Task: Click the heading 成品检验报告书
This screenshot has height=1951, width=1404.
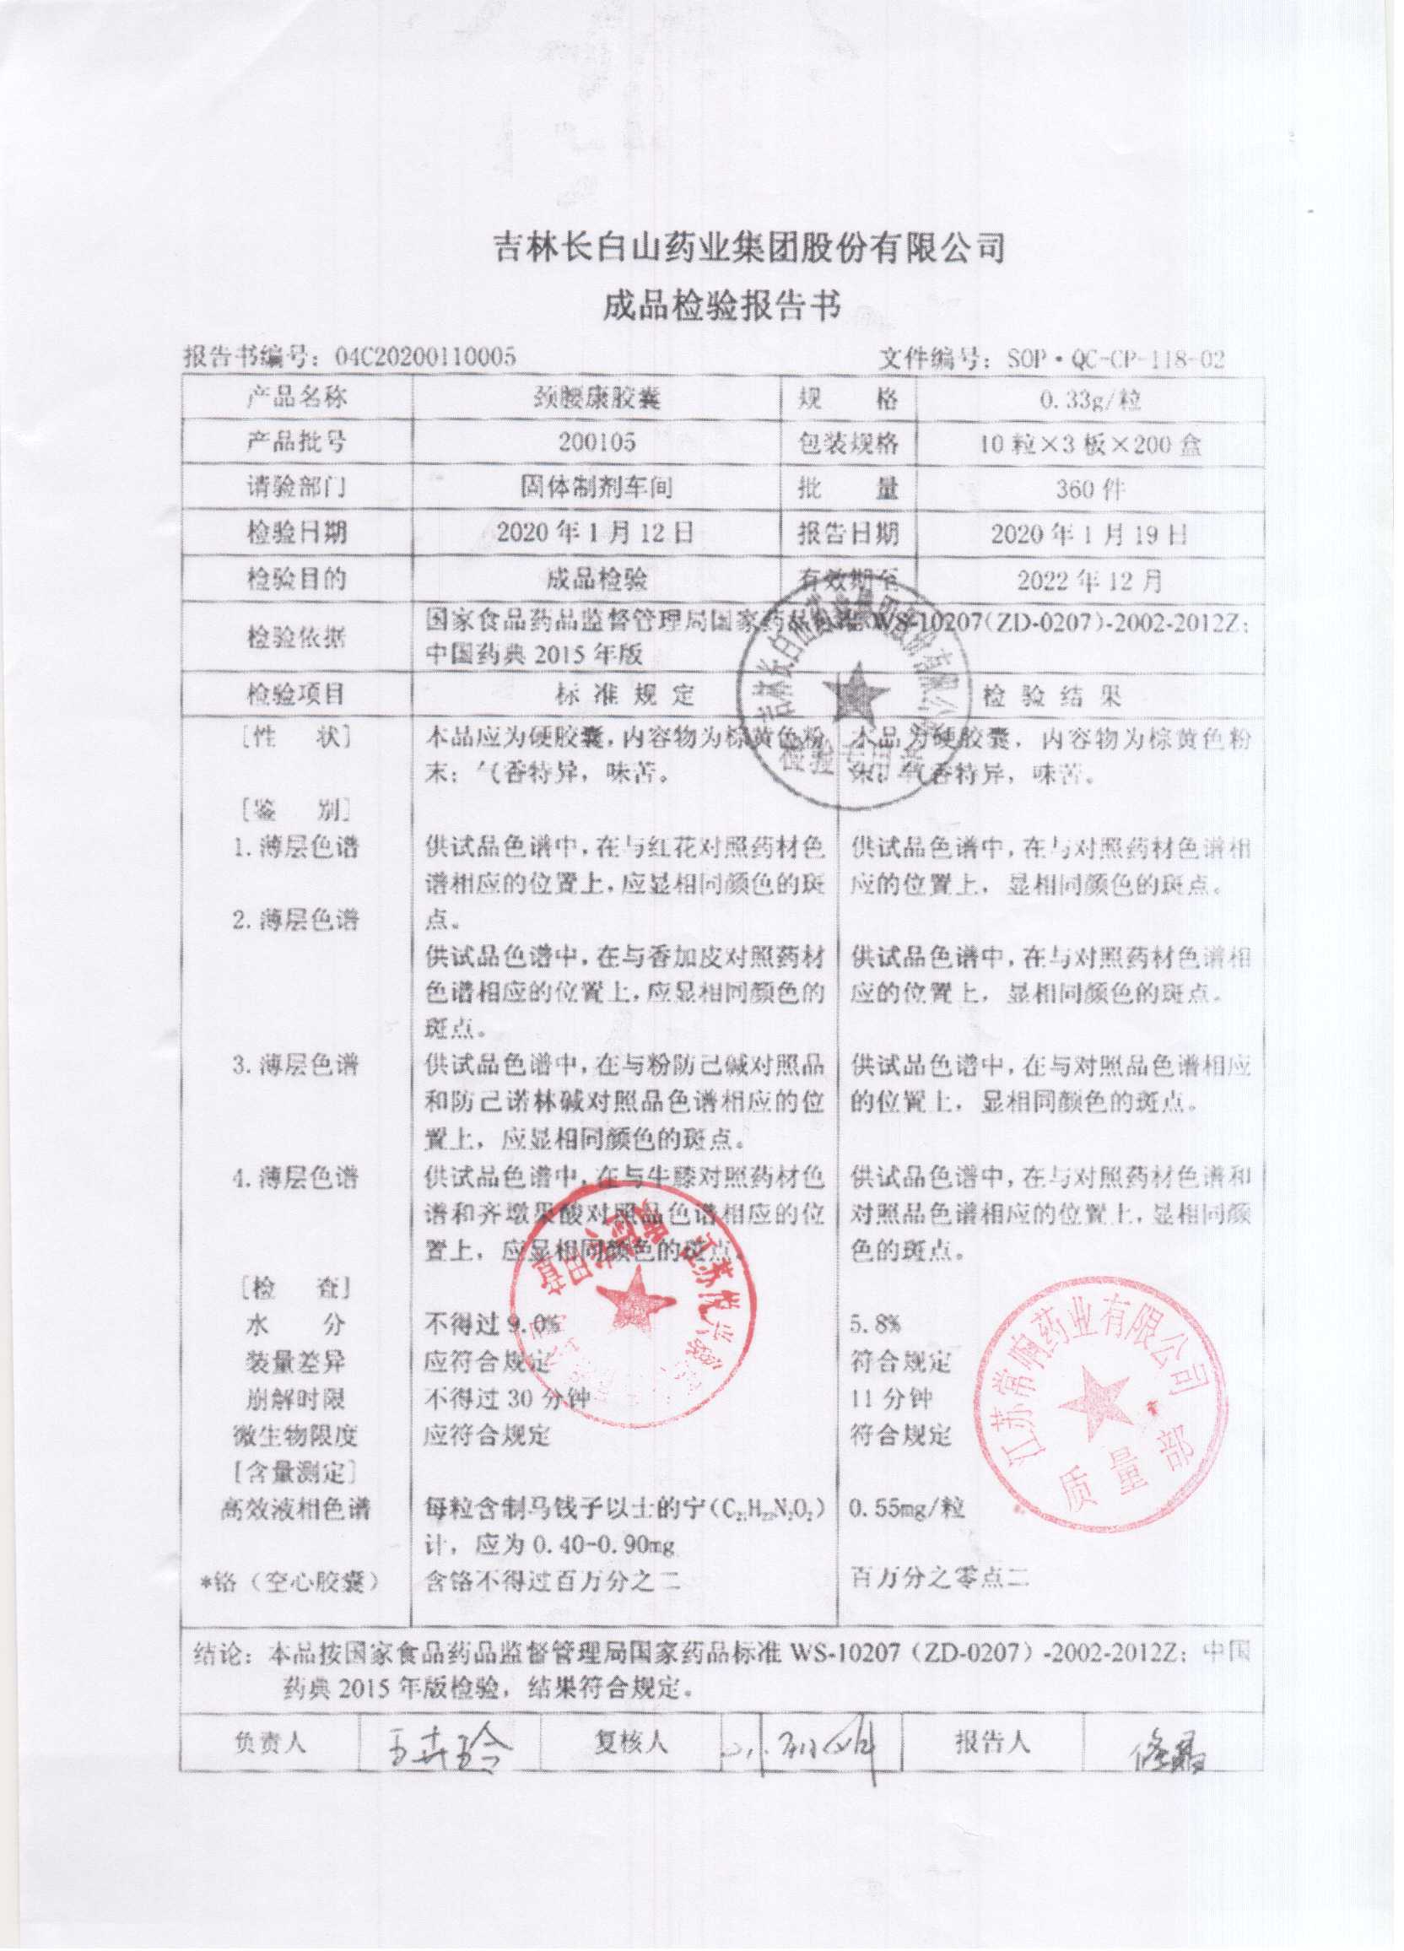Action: point(720,305)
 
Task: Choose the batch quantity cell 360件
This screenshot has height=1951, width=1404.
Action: point(1089,489)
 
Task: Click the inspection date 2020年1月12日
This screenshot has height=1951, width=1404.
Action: point(597,533)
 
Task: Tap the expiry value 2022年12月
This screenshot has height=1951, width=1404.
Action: point(1089,581)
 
